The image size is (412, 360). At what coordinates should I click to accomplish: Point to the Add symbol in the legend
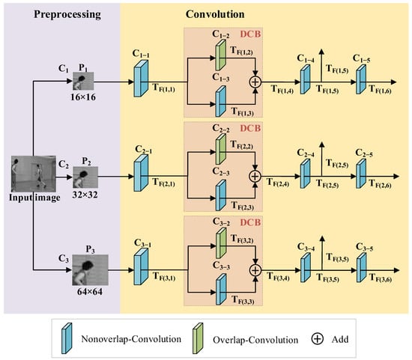coord(317,337)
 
